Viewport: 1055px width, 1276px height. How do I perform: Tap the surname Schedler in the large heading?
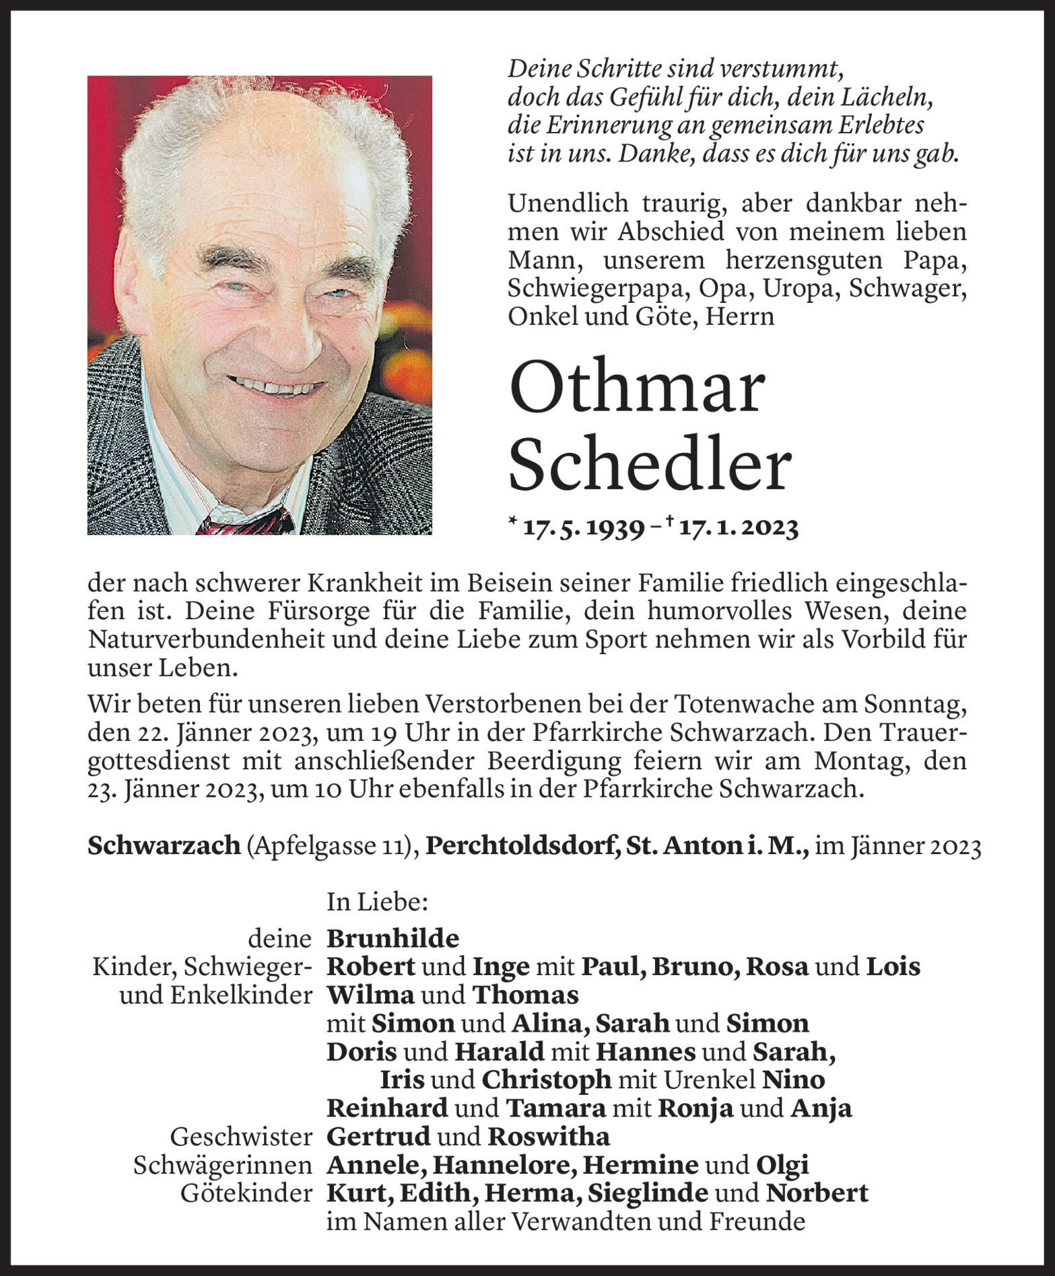[650, 465]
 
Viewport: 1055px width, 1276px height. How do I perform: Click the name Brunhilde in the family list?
[393, 937]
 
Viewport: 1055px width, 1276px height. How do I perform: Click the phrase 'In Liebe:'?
[377, 902]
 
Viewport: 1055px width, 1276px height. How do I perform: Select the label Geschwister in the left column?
[241, 1137]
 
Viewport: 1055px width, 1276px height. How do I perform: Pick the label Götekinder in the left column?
[246, 1193]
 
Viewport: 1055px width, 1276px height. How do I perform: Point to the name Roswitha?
[549, 1137]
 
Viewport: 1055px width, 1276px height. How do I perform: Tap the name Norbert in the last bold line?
[817, 1193]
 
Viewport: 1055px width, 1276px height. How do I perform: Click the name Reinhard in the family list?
[387, 1108]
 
